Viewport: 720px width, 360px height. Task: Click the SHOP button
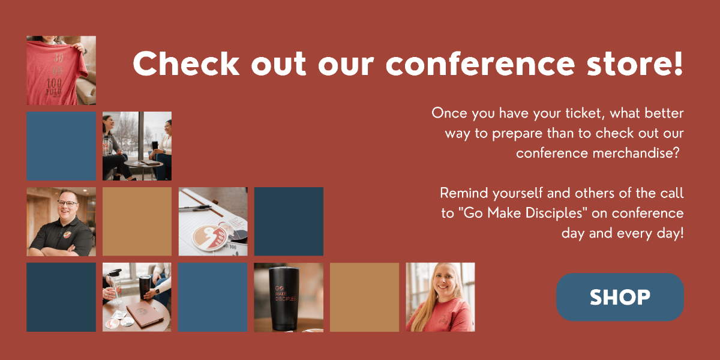(x=620, y=297)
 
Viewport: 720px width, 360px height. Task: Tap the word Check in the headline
(x=187, y=64)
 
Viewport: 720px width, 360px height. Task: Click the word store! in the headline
(x=635, y=64)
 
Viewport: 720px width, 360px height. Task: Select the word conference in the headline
(x=480, y=64)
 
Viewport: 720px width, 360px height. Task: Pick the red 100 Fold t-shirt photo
(x=61, y=70)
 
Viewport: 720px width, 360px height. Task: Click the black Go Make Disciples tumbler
(x=284, y=298)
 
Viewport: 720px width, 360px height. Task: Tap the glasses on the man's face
(x=67, y=203)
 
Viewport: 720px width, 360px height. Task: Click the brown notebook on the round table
(x=145, y=314)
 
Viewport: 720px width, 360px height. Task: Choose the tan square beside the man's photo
(x=137, y=221)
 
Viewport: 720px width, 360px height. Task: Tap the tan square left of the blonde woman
(x=365, y=297)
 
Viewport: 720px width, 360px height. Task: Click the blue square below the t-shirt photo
(x=61, y=146)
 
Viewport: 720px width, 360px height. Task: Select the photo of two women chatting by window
(x=137, y=146)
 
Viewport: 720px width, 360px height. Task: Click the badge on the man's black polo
(x=67, y=235)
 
